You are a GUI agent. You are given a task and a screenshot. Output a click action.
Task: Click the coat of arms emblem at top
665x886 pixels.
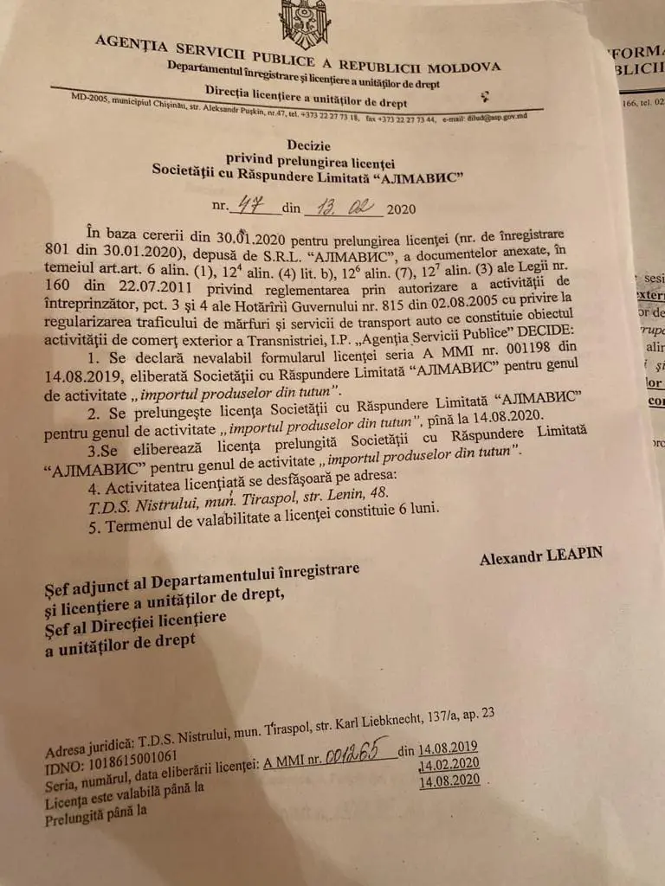[x=305, y=23]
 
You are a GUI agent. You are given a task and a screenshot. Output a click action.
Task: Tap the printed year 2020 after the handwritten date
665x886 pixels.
[x=401, y=209]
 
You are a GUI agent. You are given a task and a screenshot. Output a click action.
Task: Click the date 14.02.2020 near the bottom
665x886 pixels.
[x=449, y=764]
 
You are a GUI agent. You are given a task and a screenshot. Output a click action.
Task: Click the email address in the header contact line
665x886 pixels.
[x=499, y=117]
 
